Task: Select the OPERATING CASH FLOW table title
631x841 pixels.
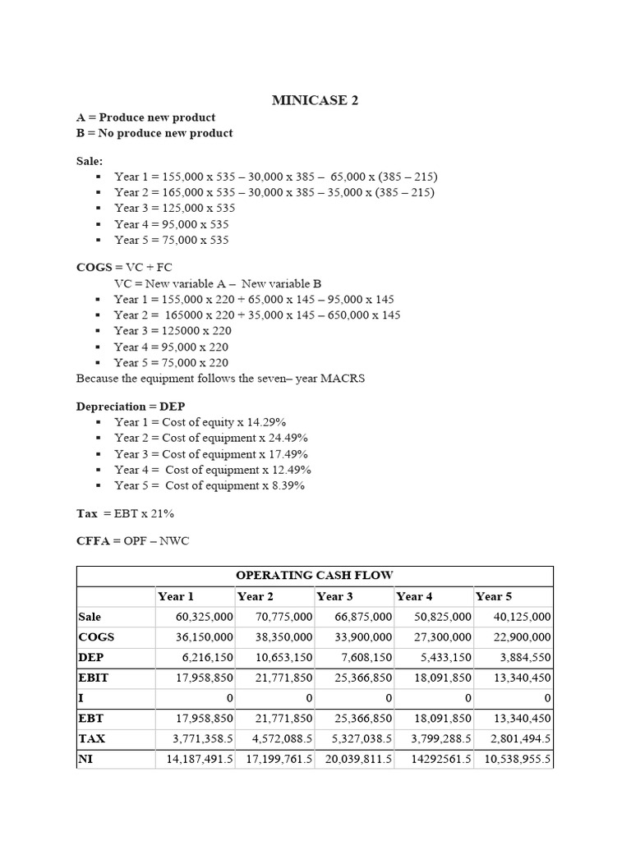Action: pos(315,576)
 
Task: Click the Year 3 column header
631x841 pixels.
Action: pos(335,596)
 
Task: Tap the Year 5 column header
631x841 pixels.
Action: pos(494,596)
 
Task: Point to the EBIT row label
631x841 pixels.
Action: pos(94,678)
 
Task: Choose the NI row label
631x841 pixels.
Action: pos(85,759)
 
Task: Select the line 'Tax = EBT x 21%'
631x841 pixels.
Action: pos(125,513)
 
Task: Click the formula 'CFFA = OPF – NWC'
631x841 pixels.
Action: pos(132,541)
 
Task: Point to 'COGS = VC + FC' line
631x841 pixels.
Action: pos(124,268)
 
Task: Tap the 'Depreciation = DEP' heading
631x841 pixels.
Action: pos(131,406)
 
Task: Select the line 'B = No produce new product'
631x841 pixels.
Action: pos(154,133)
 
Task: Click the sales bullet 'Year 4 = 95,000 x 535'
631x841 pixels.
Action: pos(172,224)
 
